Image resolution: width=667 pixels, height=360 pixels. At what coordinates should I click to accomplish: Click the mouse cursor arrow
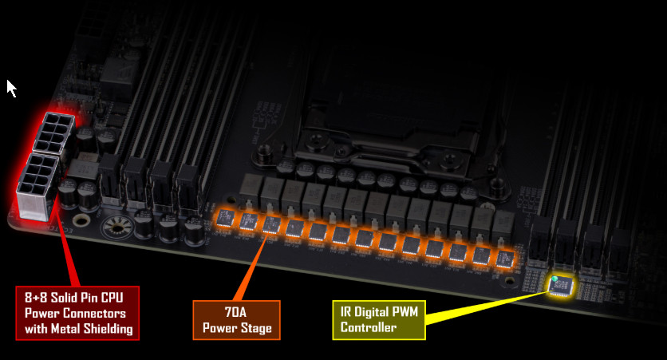click(x=10, y=88)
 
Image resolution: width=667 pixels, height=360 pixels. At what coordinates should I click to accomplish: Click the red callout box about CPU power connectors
click(x=77, y=313)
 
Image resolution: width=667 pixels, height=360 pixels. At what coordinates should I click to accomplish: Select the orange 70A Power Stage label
click(x=236, y=320)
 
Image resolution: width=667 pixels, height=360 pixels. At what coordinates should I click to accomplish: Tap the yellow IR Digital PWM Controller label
click(x=379, y=320)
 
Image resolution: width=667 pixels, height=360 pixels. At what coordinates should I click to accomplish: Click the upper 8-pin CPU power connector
click(x=54, y=133)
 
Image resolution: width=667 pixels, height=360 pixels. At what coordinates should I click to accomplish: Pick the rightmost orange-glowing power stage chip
click(x=504, y=259)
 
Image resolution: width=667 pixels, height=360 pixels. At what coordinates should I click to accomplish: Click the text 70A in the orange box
click(x=235, y=312)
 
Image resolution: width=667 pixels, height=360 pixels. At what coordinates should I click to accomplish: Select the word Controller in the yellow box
click(x=369, y=327)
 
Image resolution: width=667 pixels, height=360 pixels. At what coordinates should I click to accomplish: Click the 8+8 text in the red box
click(x=36, y=298)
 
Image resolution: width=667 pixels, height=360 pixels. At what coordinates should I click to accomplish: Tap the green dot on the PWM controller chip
click(x=555, y=279)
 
